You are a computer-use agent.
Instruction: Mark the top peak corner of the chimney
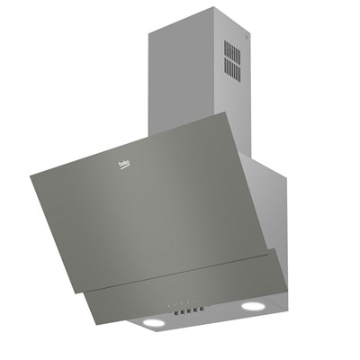point(213,8)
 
